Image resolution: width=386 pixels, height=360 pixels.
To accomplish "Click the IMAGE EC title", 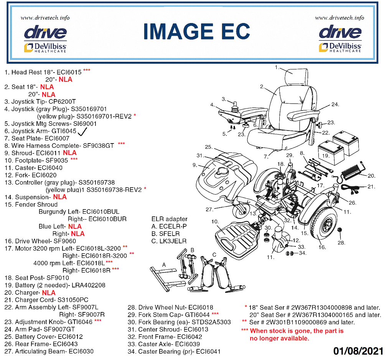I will (196, 31).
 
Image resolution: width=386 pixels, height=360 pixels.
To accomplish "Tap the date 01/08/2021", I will (358, 351).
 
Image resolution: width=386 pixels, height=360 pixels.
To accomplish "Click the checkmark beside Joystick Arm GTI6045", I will (82, 132).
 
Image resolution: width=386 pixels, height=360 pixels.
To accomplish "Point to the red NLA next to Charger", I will (49, 293).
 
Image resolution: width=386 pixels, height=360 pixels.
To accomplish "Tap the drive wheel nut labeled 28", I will (340, 230).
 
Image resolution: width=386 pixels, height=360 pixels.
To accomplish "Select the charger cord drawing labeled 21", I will (351, 189).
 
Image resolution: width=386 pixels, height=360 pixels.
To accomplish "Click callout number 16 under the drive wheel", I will (321, 248).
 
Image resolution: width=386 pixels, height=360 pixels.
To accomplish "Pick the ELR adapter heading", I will (170, 219).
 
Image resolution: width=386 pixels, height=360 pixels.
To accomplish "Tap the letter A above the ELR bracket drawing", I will (164, 264).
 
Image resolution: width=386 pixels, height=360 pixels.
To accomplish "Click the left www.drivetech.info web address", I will (45, 18).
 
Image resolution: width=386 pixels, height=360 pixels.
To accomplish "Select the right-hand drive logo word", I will (340, 32).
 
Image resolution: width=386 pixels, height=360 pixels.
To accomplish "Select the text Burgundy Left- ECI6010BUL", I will (79, 212).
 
